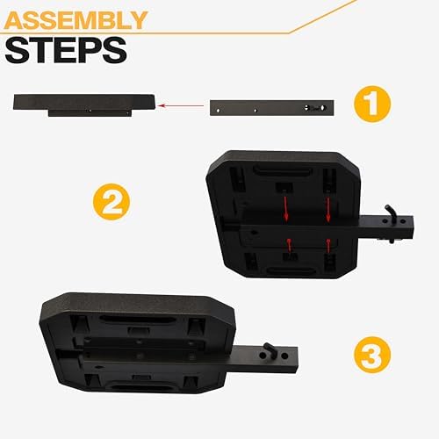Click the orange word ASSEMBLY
pyautogui.click(x=76, y=20)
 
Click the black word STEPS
pyautogui.click(x=66, y=50)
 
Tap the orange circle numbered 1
pyautogui.click(x=372, y=104)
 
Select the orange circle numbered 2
pyautogui.click(x=112, y=202)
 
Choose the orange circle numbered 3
pyautogui.click(x=372, y=355)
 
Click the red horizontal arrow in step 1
pyautogui.click(x=181, y=105)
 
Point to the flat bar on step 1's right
pyautogui.click(x=272, y=108)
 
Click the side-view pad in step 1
pyautogui.click(x=83, y=105)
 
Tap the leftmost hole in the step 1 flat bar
pyautogui.click(x=218, y=111)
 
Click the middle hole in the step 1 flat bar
pyautogui.click(x=255, y=111)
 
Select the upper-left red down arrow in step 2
pyautogui.click(x=286, y=209)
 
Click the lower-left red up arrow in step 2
pyautogui.click(x=289, y=246)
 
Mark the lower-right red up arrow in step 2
pyautogui.click(x=328, y=246)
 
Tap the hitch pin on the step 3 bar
pyautogui.click(x=270, y=350)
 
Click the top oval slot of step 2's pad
pyautogui.click(x=282, y=170)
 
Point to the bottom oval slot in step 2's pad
pyautogui.click(x=291, y=271)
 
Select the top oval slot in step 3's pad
pyautogui.click(x=136, y=319)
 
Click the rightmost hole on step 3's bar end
pyautogui.click(x=284, y=356)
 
